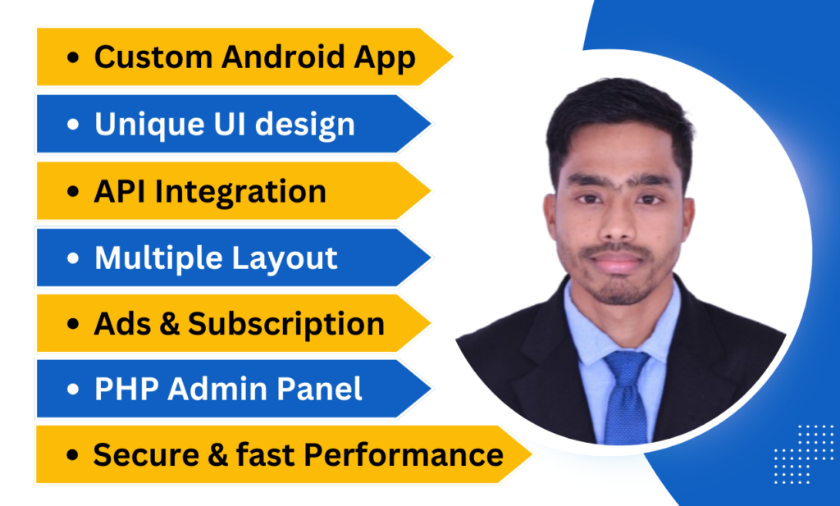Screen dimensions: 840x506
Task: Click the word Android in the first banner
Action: tap(283, 57)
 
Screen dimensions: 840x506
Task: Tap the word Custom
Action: tap(153, 57)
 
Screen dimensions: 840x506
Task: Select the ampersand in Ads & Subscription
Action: tap(169, 324)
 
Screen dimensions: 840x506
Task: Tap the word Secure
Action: tap(146, 455)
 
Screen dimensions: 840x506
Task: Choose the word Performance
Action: tap(404, 455)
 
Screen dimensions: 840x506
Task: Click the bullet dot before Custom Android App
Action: tap(73, 58)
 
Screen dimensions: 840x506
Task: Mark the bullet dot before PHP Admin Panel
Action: tap(73, 390)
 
